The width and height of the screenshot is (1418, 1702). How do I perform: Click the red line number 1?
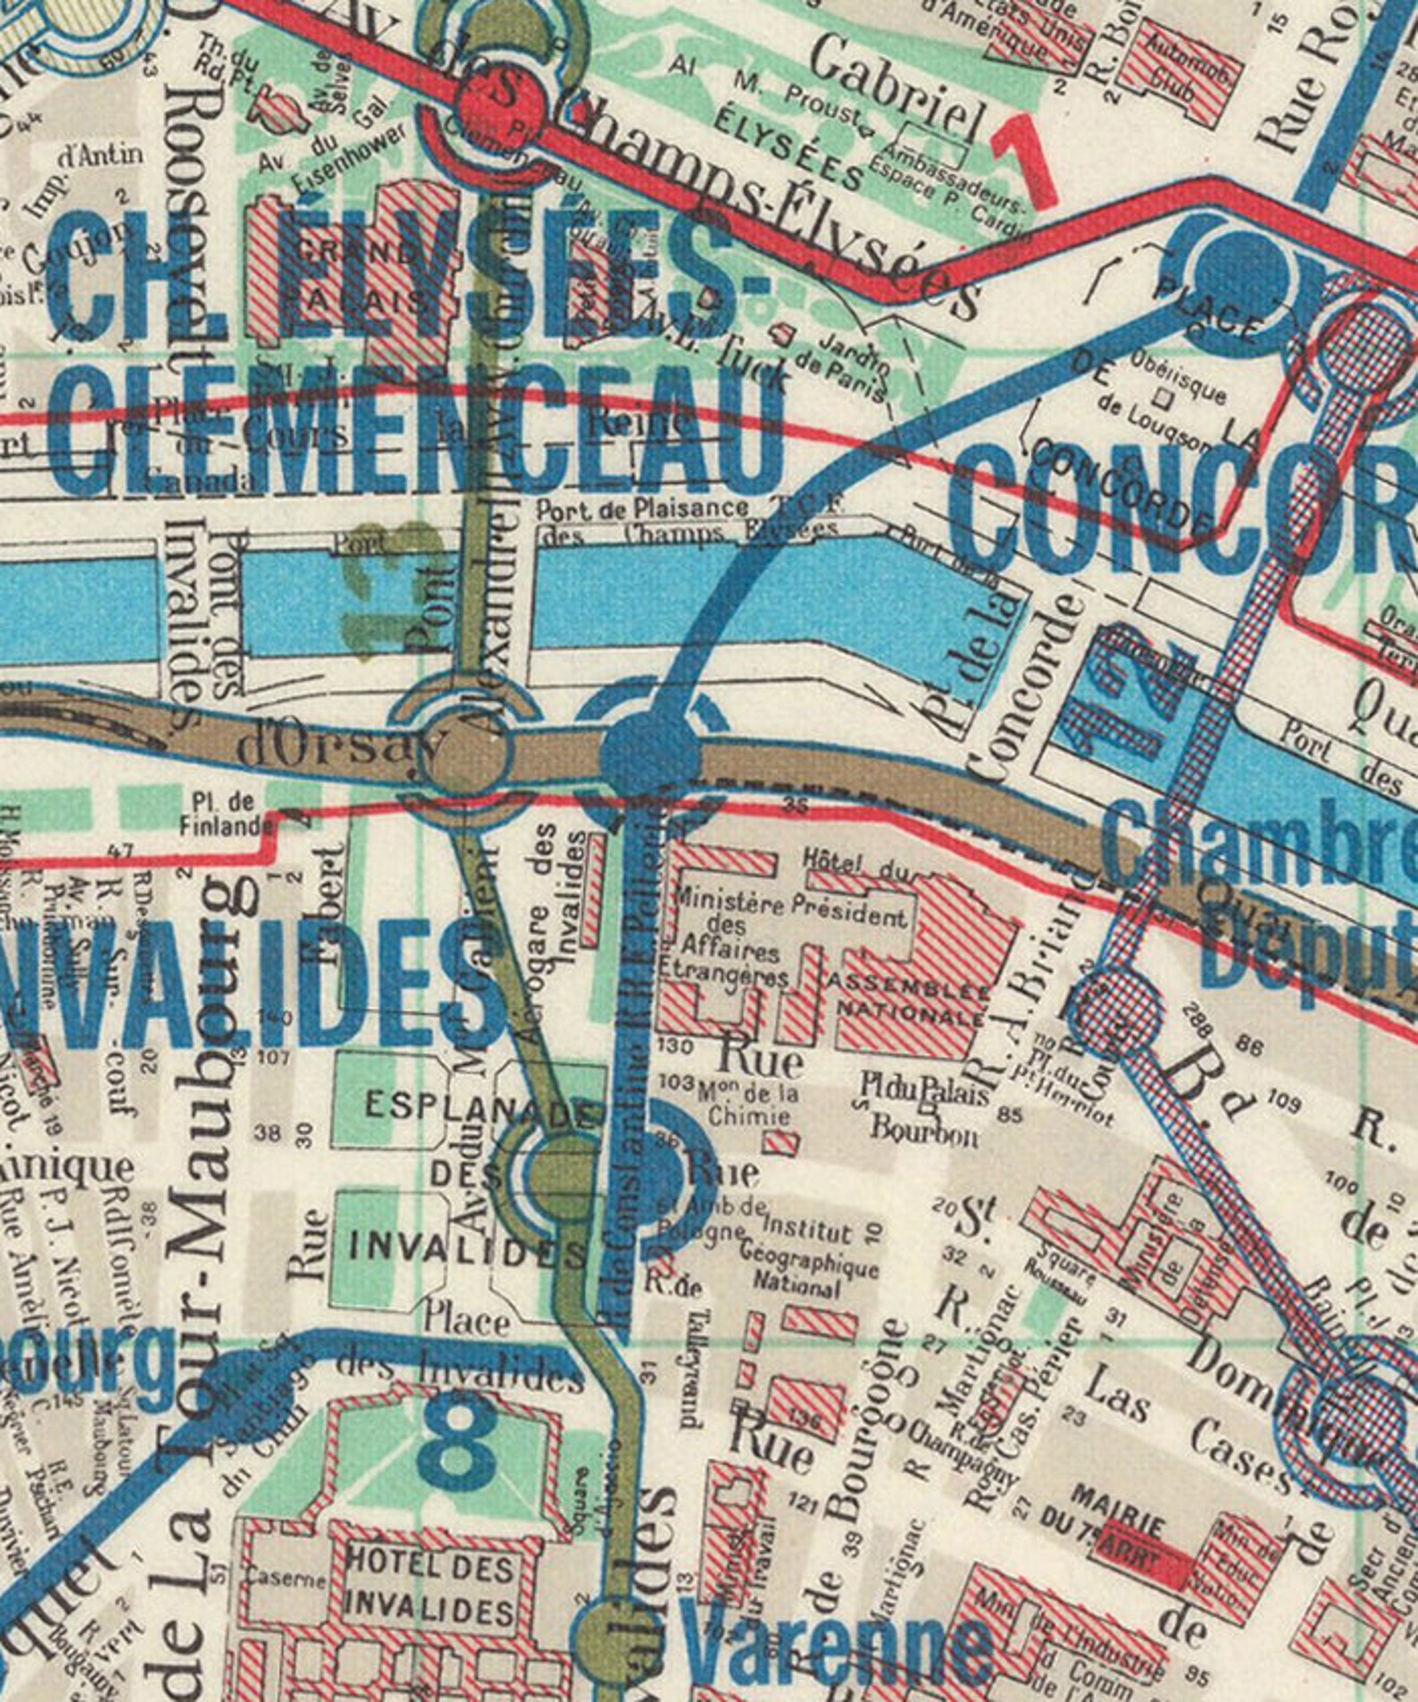[x=1024, y=159]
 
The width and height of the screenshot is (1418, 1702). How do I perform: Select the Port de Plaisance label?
[x=641, y=509]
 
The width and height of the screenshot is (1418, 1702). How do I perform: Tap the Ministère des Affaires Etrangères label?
[x=725, y=933]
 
